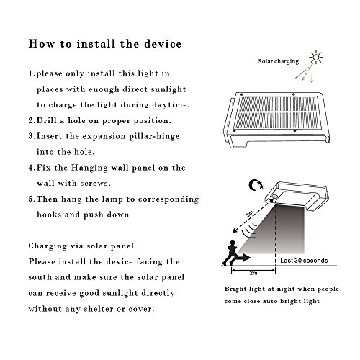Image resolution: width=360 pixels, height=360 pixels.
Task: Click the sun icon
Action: tap(316, 58)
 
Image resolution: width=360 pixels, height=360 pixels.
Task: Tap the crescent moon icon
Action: tap(253, 185)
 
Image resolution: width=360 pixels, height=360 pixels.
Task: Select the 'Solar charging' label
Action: tap(279, 61)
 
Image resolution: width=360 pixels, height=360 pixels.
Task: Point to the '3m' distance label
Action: tap(250, 213)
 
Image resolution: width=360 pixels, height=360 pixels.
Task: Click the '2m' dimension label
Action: tap(253, 273)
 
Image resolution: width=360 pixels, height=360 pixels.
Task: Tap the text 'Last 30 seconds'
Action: tap(304, 261)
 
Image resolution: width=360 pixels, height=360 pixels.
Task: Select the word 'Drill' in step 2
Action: tap(47, 120)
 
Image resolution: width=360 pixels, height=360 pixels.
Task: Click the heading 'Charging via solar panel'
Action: tap(81, 246)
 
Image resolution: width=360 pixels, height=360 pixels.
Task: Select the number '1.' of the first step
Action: tap(32, 73)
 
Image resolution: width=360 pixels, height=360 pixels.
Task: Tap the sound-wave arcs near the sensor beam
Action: tap(249, 230)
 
